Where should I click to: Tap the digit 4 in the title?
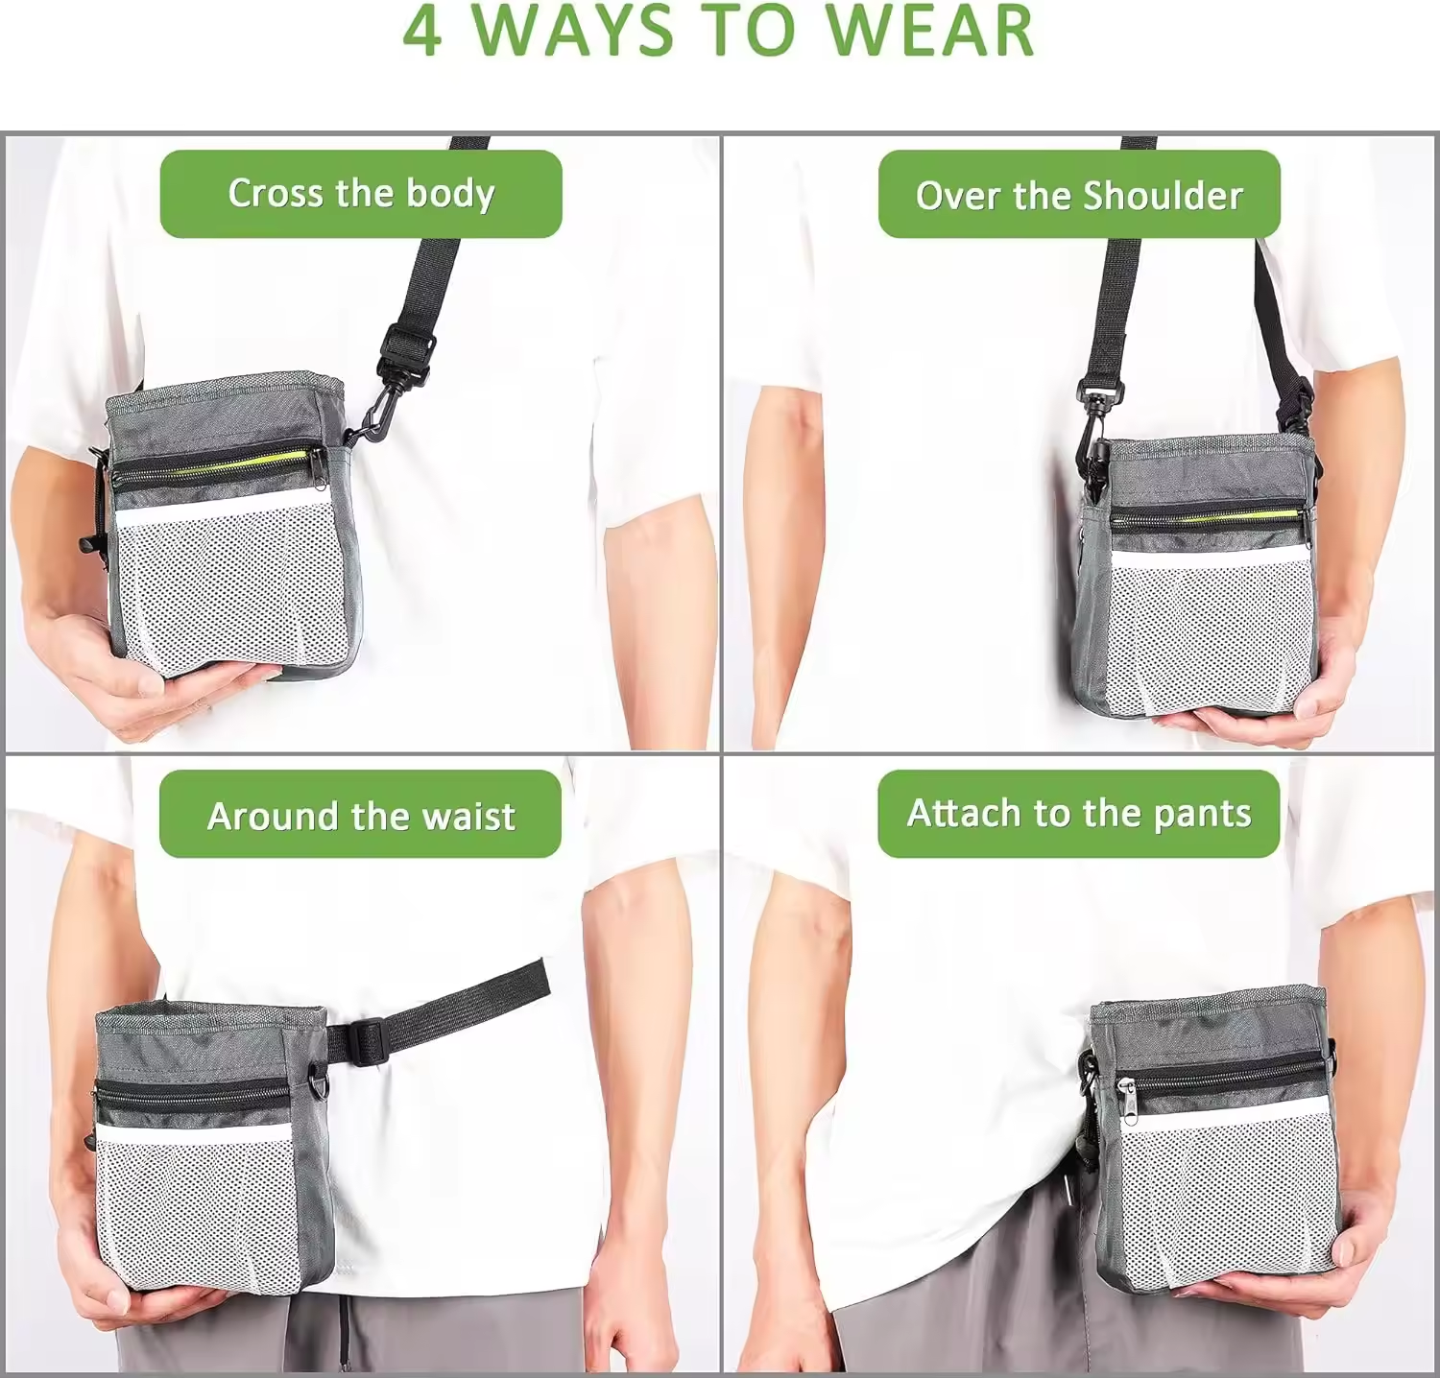(x=422, y=31)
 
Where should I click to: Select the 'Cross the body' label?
(x=361, y=194)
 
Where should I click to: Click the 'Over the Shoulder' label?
(x=1079, y=195)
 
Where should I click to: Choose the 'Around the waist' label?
(x=360, y=815)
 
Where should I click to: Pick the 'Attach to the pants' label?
(x=1079, y=814)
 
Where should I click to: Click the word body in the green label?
(x=451, y=194)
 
